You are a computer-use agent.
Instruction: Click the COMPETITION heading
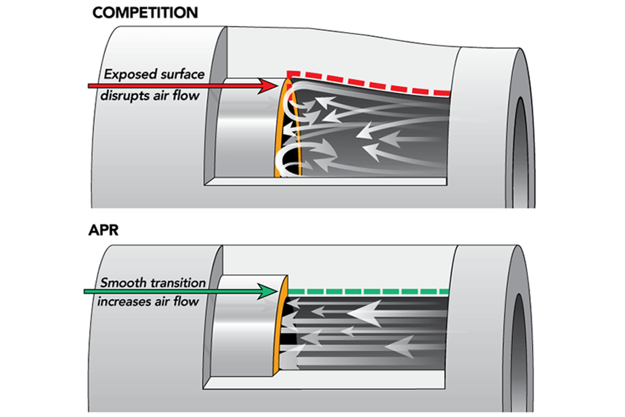tap(145, 13)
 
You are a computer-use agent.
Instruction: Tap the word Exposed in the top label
tap(129, 75)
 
